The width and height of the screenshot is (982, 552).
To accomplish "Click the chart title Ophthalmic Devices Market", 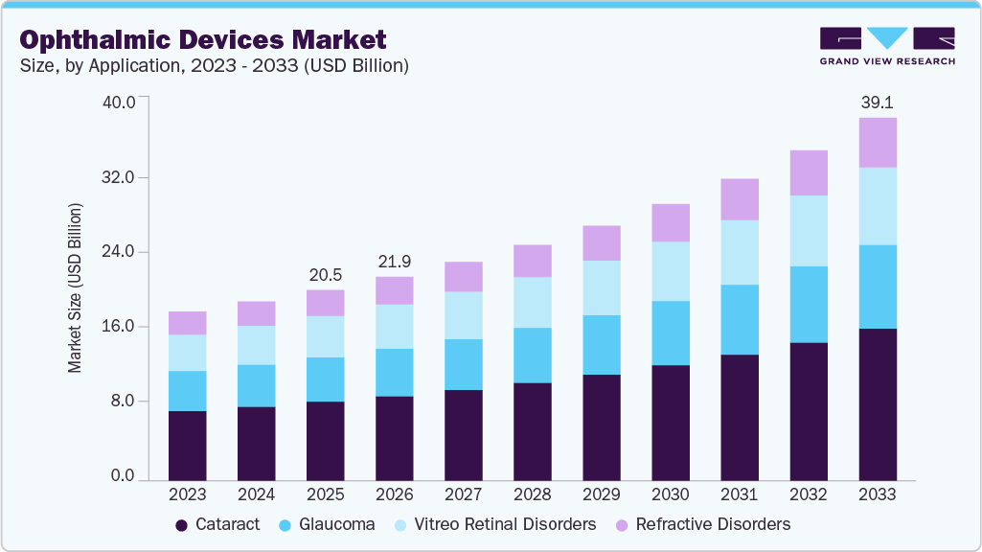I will tap(203, 40).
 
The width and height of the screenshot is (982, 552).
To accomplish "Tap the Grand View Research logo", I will tap(887, 45).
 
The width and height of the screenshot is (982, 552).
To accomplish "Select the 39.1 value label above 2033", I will tap(877, 102).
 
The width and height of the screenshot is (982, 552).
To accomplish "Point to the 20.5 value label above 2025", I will tap(325, 274).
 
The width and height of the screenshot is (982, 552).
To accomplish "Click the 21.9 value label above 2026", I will tap(394, 262).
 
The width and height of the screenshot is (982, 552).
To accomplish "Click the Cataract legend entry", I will tap(217, 524).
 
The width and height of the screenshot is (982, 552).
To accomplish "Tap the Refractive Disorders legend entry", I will tap(703, 524).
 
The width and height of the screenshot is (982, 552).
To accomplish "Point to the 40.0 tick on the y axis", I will tap(120, 103).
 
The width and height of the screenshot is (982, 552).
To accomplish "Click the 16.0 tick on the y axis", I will tap(120, 327).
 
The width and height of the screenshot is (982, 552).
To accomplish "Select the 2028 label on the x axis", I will tap(532, 495).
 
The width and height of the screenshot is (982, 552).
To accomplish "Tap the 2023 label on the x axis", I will tap(187, 495).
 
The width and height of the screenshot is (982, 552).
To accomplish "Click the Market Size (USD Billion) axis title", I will tap(75, 288).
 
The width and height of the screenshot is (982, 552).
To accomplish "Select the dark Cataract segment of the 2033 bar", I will tap(877, 403).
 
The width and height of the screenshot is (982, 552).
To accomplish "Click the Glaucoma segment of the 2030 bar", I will tap(670, 333).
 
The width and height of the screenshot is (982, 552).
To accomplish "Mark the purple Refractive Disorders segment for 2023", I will tap(187, 323).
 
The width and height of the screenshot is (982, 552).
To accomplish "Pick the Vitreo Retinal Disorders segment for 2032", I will tap(808, 231).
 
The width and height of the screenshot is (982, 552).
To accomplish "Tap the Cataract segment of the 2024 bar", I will tap(256, 443).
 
